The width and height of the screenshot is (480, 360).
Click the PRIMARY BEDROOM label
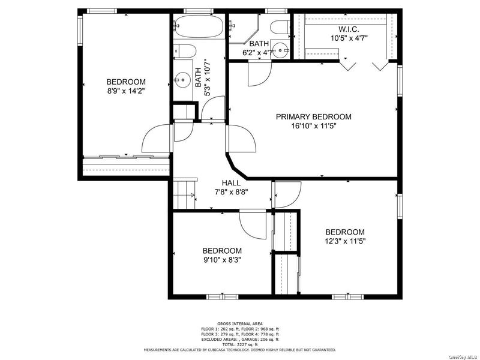(314, 116)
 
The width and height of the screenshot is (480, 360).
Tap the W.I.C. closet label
(349, 29)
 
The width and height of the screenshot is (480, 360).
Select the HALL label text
(231, 183)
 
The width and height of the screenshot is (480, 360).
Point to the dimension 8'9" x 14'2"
(126, 91)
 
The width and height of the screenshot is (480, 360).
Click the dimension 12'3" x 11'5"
(345, 241)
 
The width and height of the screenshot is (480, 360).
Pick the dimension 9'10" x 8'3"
(222, 260)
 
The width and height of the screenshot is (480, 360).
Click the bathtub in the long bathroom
(199, 26)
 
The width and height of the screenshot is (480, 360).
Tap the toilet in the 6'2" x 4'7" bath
(280, 26)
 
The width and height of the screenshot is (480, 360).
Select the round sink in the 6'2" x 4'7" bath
(280, 50)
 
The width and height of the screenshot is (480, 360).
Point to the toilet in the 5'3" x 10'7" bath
(184, 51)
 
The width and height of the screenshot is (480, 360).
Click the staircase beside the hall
(185, 194)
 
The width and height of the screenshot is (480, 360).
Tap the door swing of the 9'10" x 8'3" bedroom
(253, 224)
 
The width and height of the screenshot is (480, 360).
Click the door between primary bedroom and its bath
(260, 73)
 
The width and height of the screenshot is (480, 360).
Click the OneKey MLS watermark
(464, 357)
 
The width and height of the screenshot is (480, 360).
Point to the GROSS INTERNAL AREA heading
(239, 323)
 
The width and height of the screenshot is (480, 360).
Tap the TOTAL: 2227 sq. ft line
(239, 344)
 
